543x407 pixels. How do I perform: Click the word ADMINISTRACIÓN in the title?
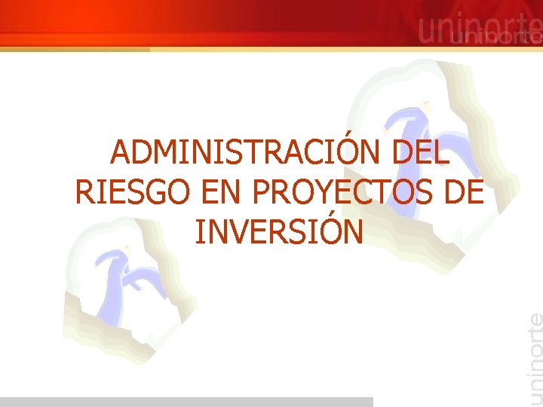point(247,154)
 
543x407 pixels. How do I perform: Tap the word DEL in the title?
point(419,154)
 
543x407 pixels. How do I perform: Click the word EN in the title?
point(224,193)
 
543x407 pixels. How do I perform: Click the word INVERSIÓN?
point(279,232)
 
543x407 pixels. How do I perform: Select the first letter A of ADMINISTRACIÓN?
point(121,154)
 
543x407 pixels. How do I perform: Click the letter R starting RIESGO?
point(84,193)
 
